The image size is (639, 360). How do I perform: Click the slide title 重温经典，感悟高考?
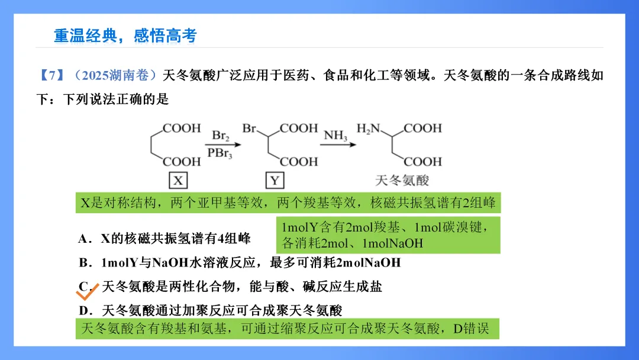click(x=125, y=36)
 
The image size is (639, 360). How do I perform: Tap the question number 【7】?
click(x=51, y=76)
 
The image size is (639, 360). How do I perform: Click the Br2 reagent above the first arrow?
click(x=220, y=136)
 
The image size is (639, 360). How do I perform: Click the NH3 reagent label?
click(x=335, y=136)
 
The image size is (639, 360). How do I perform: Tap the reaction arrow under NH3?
click(x=338, y=144)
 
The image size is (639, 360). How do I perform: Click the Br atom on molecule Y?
click(x=249, y=128)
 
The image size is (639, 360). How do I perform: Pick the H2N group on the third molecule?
click(x=368, y=128)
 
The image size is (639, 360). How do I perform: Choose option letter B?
click(x=83, y=262)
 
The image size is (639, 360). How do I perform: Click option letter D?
click(x=83, y=310)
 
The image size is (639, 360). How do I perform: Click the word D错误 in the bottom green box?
click(x=471, y=328)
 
